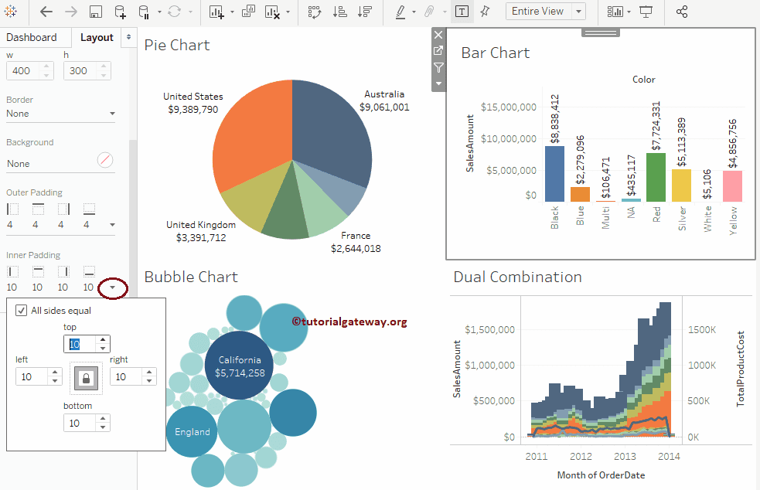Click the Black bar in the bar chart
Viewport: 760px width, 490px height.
click(x=554, y=174)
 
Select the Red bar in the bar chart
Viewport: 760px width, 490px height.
click(x=656, y=177)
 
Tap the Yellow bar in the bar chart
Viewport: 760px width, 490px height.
click(x=732, y=185)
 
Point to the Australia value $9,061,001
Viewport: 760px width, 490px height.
click(x=384, y=107)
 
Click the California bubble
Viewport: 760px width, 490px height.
click(x=240, y=366)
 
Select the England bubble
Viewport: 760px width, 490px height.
click(x=192, y=431)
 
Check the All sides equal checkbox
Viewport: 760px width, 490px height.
click(x=22, y=311)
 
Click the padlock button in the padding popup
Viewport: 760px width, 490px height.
click(x=86, y=378)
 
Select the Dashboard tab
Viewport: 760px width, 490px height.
click(x=32, y=37)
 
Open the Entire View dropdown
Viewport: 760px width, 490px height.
click(x=545, y=12)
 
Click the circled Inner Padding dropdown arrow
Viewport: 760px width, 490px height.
click(x=114, y=288)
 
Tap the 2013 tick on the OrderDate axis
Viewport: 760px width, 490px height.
click(x=625, y=457)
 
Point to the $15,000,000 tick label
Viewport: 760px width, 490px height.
click(x=509, y=107)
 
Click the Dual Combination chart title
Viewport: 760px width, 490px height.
click(x=517, y=277)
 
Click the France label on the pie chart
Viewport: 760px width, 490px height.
click(x=356, y=236)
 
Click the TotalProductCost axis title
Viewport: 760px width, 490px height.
click(x=741, y=369)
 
